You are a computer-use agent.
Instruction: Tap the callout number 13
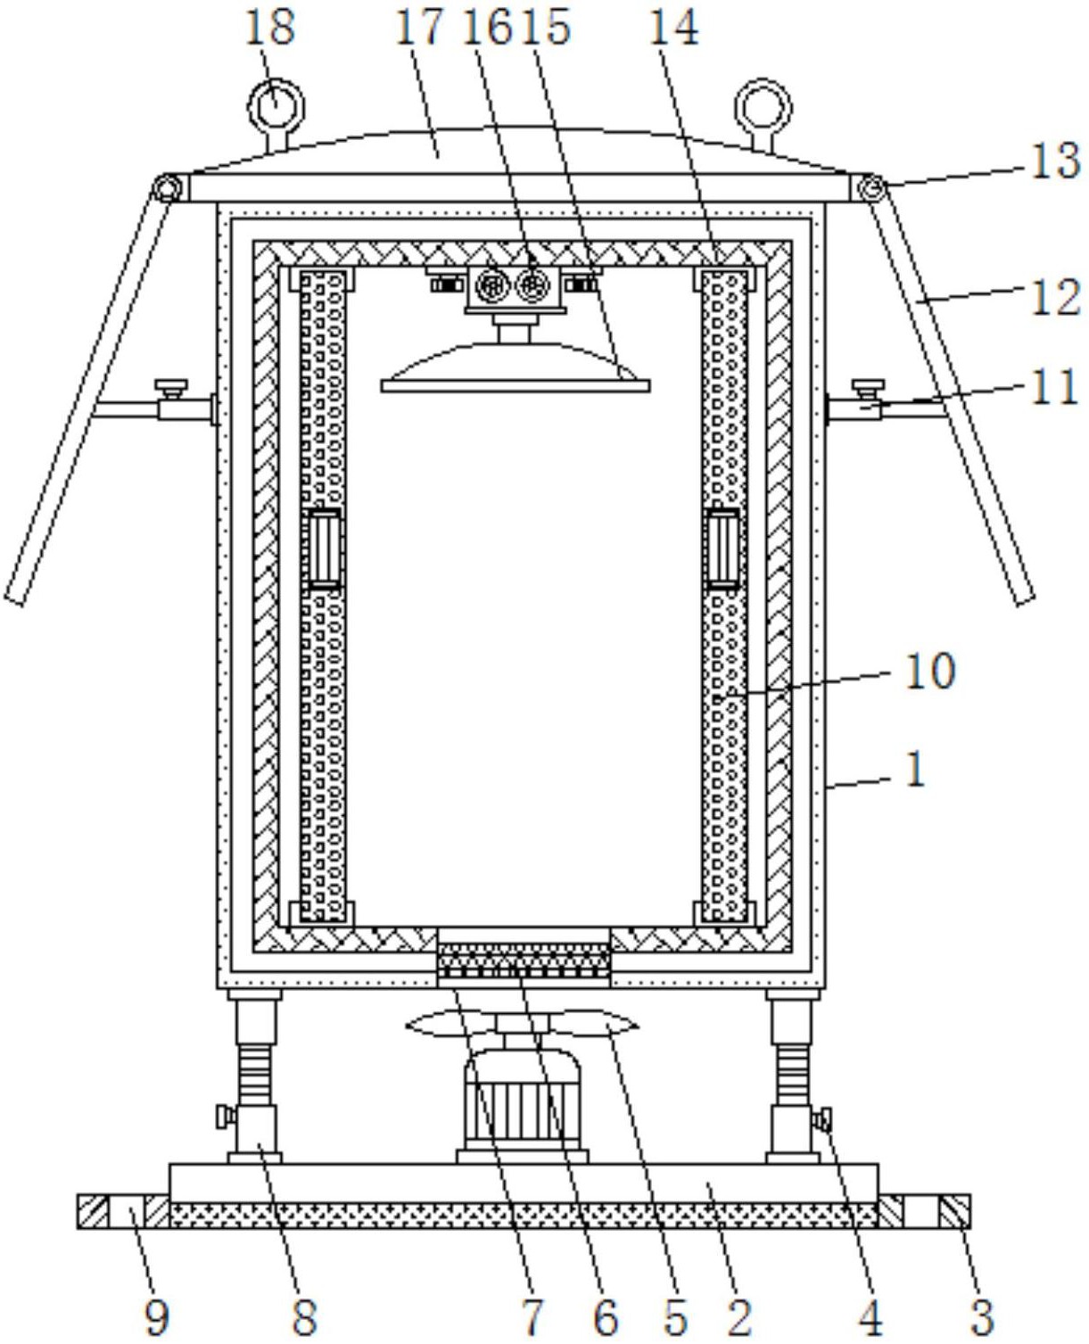click(1055, 161)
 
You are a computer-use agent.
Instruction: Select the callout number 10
click(929, 672)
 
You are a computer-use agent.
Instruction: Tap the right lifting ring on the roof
click(763, 114)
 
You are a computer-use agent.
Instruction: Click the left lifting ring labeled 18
click(276, 114)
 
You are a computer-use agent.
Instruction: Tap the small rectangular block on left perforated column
click(325, 548)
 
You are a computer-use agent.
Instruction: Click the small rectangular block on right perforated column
click(724, 548)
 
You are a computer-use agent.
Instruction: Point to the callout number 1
click(916, 771)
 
